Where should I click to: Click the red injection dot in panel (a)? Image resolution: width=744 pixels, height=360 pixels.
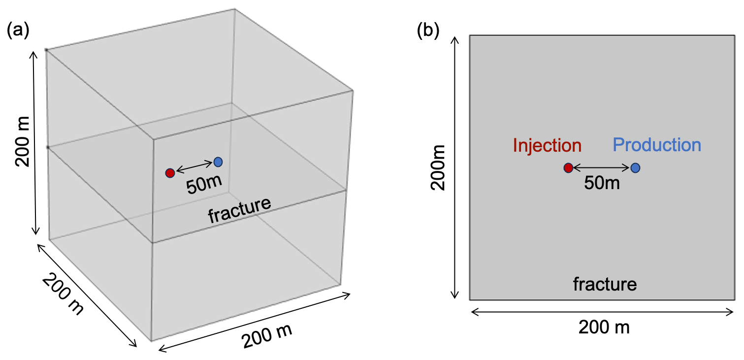[170, 173]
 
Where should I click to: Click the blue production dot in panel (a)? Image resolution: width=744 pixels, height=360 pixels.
[218, 162]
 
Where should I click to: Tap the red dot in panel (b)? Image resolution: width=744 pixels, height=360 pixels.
[568, 168]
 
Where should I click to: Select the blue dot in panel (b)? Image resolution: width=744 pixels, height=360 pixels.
[636, 168]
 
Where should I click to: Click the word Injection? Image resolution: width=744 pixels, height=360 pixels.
[547, 145]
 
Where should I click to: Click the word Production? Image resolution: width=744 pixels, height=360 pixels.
[657, 145]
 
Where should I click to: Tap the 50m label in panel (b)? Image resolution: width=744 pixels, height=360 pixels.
[602, 183]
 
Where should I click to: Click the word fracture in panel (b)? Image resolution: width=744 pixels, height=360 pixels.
[605, 284]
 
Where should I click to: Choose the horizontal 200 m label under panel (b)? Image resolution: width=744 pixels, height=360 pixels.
[604, 327]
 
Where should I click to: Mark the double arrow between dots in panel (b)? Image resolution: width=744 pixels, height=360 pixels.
[602, 168]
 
